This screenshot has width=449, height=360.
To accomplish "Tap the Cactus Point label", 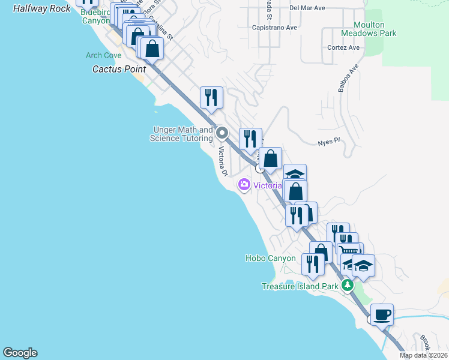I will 112,69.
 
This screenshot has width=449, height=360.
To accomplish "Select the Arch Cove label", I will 103,56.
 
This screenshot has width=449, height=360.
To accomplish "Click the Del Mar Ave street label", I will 307,8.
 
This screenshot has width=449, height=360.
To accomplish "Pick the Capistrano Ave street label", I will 275,28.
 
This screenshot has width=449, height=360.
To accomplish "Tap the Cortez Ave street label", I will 343,47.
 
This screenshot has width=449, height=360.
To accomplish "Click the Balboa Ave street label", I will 348,77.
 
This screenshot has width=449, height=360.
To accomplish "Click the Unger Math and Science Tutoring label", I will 183,134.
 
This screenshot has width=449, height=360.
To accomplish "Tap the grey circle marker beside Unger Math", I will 223,133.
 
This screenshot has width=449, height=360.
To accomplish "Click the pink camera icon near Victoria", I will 244,185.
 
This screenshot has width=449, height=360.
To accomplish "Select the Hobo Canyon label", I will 270,259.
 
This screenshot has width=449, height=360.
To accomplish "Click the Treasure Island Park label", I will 300,286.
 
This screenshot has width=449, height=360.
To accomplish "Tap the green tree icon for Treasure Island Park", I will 347,286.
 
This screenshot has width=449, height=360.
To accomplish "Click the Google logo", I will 20,353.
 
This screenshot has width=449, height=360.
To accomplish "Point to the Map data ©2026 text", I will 423,355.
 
